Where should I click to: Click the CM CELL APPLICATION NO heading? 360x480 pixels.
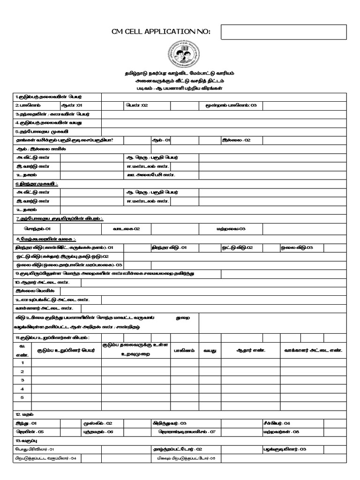pos(161,31)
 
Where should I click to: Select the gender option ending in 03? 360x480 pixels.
pos(232,105)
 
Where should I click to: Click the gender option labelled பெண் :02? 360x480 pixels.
pos(137,105)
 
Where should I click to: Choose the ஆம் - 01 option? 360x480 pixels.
pos(161,140)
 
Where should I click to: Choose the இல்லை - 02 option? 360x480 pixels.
pos(236,140)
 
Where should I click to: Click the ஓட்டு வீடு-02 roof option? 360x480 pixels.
pos(237,247)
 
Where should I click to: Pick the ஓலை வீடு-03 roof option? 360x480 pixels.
pos(297,247)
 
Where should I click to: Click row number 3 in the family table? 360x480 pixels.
pos(22,380)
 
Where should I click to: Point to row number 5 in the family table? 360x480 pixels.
pos(22,397)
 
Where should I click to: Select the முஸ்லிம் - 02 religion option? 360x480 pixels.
pos(97,423)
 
